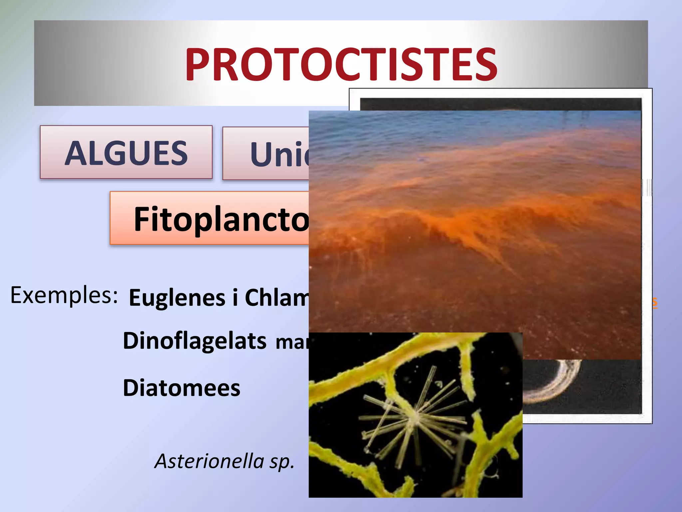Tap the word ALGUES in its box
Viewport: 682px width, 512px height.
click(x=126, y=153)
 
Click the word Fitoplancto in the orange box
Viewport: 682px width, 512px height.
click(x=221, y=219)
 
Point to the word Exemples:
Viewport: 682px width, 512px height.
click(x=64, y=295)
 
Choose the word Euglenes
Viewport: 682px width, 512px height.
click(x=177, y=298)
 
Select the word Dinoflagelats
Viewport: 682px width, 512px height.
click(x=194, y=341)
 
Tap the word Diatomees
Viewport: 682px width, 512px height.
click(x=181, y=388)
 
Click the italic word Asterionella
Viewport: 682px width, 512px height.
click(x=209, y=461)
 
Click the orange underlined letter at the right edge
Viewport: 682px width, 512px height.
click(x=654, y=302)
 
